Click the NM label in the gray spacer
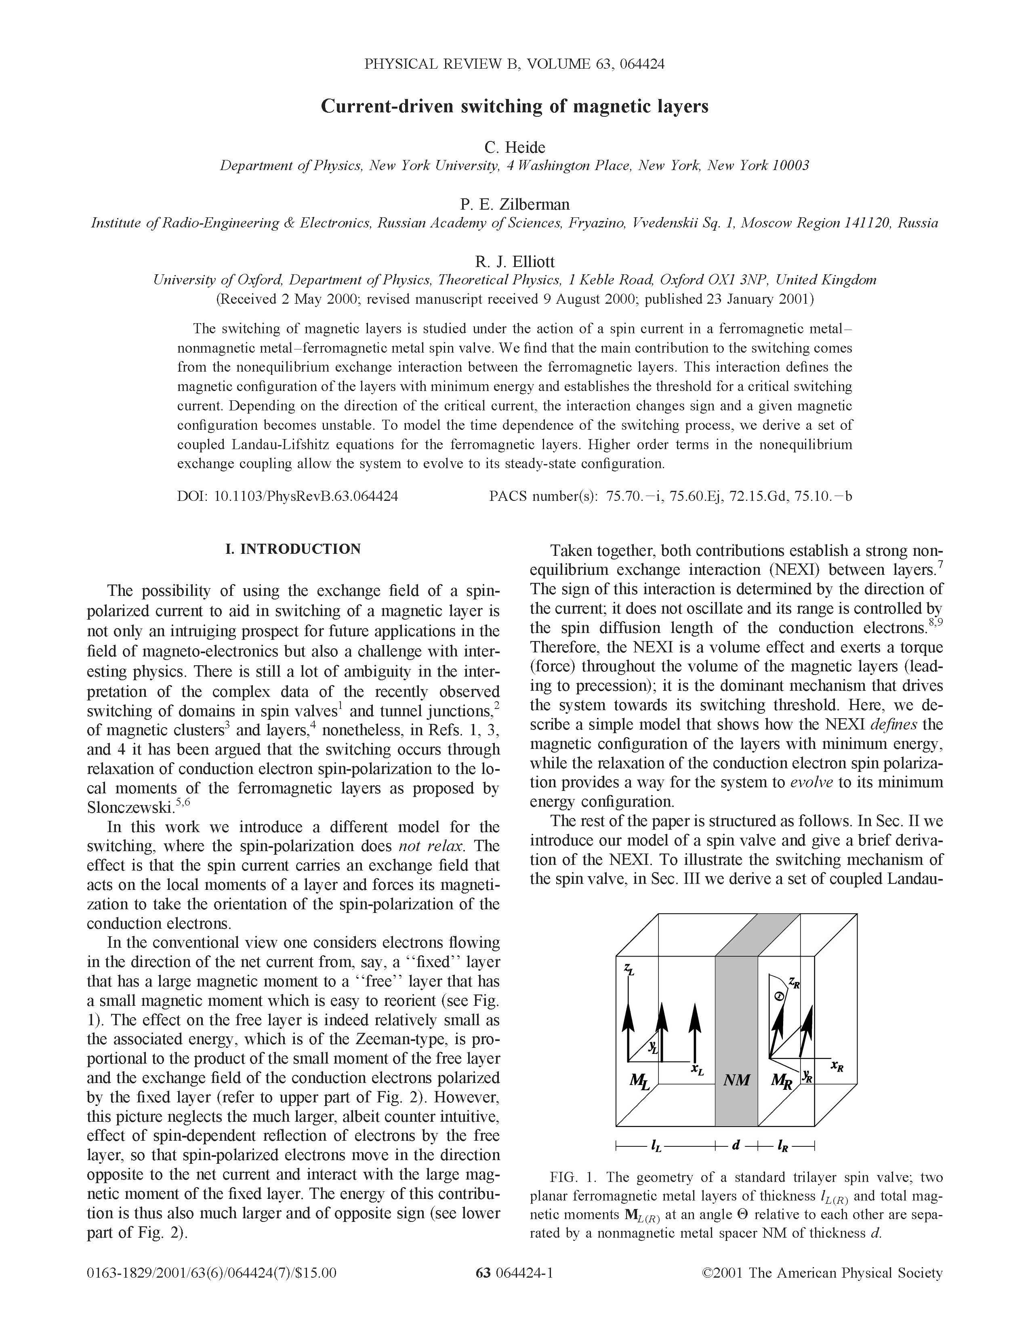pyautogui.click(x=736, y=1080)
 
